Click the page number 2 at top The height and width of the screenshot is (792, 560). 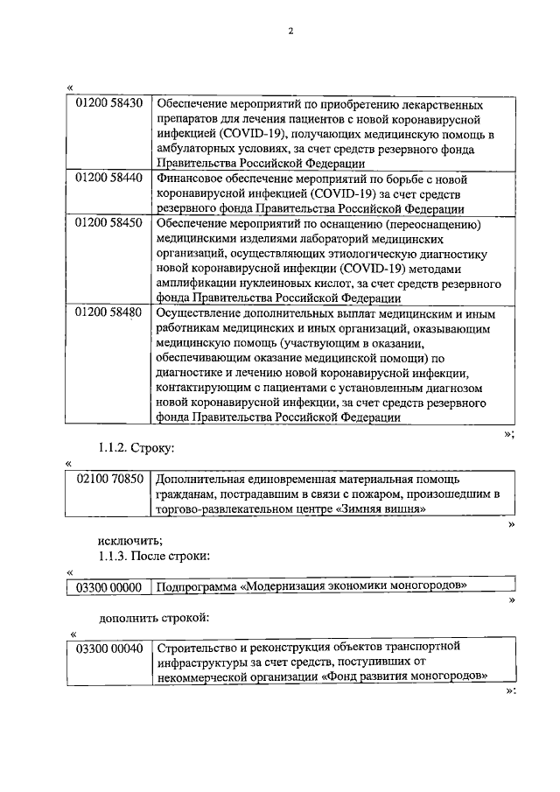[x=290, y=32]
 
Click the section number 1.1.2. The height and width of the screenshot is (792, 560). [x=113, y=448]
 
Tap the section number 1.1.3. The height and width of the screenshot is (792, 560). [x=113, y=555]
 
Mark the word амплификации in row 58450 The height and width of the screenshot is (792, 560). [x=193, y=284]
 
